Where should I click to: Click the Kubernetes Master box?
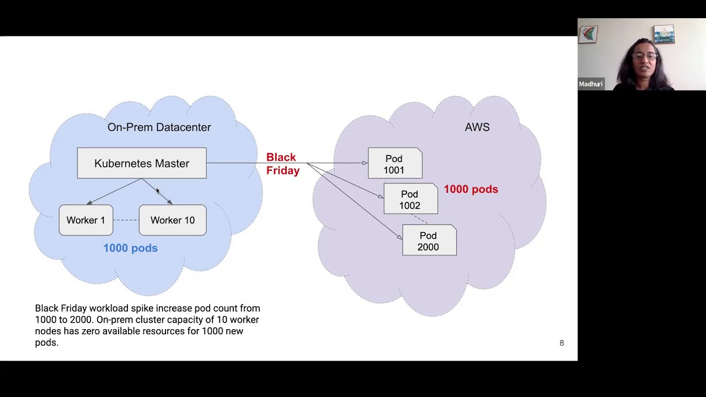[142, 163]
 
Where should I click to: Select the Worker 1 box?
[86, 220]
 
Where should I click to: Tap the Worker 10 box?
[173, 220]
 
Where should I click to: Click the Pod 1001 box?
[395, 164]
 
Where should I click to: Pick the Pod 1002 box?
[410, 200]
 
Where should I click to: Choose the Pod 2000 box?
[429, 241]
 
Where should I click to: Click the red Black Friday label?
[282, 164]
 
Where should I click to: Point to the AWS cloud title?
[477, 127]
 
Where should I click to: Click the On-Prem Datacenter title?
[159, 127]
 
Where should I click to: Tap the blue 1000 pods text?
[130, 248]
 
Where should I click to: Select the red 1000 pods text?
[470, 189]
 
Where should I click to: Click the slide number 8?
[561, 343]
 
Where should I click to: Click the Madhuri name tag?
[591, 84]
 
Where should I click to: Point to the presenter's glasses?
[645, 56]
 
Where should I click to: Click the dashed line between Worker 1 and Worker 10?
[126, 220]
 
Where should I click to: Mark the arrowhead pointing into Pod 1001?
[365, 163]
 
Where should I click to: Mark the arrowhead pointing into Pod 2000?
[399, 237]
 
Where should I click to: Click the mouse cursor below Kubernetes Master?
[157, 191]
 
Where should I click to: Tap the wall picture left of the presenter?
[589, 34]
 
